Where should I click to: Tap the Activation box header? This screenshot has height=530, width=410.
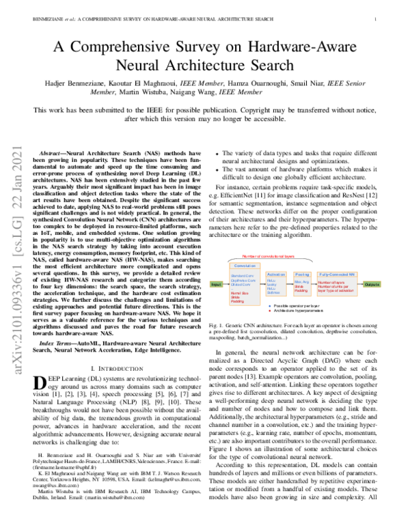pyautogui.click(x=276, y=273)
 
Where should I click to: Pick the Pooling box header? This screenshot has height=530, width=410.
pyautogui.click(x=301, y=273)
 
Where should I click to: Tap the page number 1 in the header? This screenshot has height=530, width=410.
pyautogui.click(x=376, y=19)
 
